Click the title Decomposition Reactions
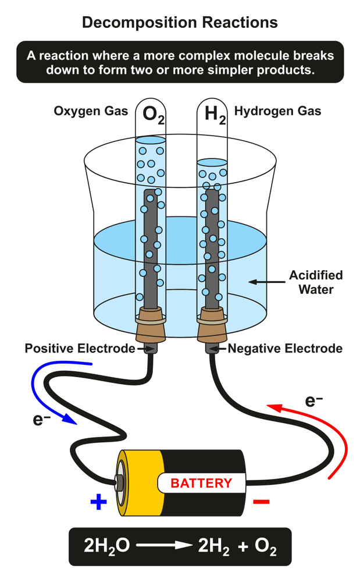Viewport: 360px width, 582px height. [180, 23]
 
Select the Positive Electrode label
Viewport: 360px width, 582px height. [80, 349]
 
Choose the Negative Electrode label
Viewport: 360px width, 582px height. [285, 349]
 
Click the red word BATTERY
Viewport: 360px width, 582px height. [201, 482]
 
